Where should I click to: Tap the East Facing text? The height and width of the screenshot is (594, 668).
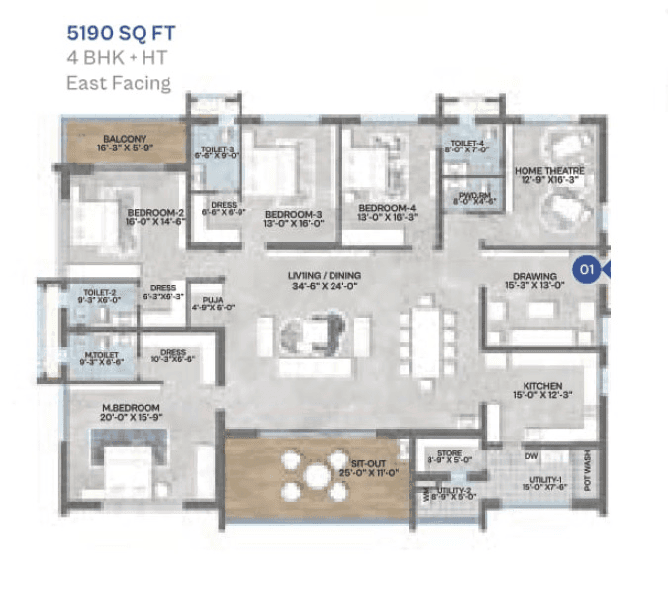point(119,83)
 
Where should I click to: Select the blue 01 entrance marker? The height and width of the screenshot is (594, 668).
point(587,268)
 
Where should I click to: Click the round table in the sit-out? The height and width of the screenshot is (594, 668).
point(317,475)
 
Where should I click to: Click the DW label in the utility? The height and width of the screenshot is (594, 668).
point(532,457)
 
